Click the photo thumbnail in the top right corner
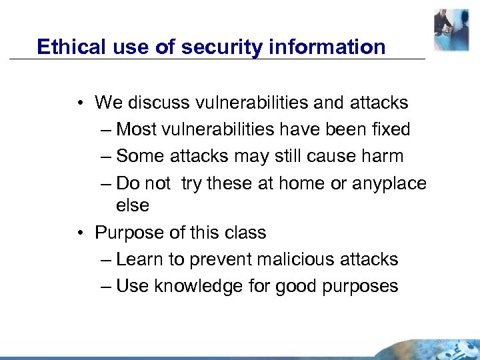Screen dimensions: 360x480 pyautogui.click(x=451, y=30)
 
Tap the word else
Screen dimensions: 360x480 pyautogui.click(x=133, y=206)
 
